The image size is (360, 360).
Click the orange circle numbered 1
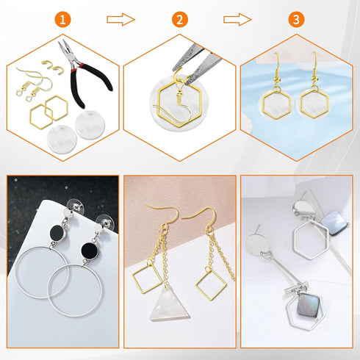64,20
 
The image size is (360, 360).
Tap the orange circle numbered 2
180,20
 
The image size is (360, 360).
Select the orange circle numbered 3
296,20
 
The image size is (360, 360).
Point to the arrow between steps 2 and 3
237,20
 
